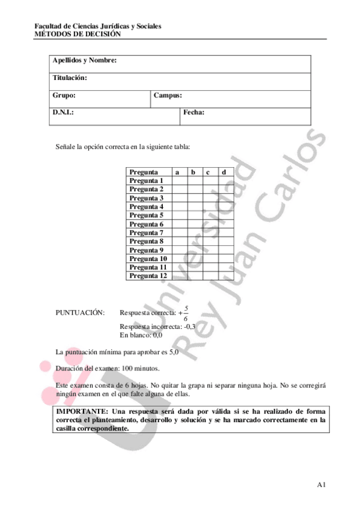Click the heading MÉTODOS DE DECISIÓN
pos(78,34)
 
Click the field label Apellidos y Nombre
pos(84,61)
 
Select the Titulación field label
pos(70,78)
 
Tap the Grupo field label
pos(64,95)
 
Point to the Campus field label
pos(168,95)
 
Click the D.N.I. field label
pos(63,112)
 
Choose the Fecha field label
pos(194,112)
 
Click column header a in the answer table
pos(178,172)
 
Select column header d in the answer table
pos(224,172)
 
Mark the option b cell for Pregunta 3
pos(194,198)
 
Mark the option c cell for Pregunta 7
pos(209,233)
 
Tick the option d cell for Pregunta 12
pos(224,276)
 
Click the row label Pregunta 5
pos(146,215)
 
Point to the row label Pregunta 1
pos(146,180)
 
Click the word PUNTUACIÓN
pos(79,313)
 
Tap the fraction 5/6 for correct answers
pos(186,313)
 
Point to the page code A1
pos(321,484)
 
